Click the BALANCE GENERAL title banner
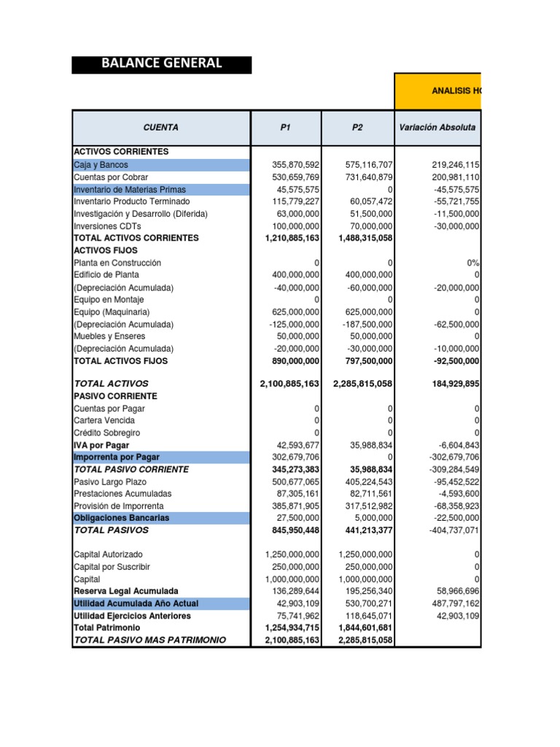point(161,63)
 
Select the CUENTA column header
point(161,127)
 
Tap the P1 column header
point(285,127)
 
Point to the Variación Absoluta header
point(437,127)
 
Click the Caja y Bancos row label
point(101,165)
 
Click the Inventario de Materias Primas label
point(130,190)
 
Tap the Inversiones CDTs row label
point(106,226)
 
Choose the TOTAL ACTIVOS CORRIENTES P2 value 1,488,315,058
point(365,239)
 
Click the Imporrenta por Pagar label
point(117,457)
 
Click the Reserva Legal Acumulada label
point(125,591)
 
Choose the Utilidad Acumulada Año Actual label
point(136,603)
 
